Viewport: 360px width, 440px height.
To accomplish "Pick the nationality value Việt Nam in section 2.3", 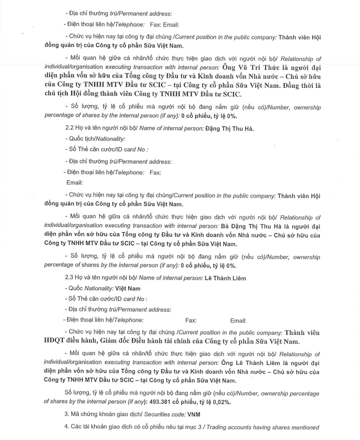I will [x=128, y=288].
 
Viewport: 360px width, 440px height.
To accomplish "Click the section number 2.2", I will [x=69, y=129].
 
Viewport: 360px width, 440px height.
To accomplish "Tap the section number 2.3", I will [x=69, y=278].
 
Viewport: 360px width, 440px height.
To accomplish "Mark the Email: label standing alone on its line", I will [x=74, y=183].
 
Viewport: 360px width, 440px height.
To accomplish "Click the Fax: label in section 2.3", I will [x=191, y=320].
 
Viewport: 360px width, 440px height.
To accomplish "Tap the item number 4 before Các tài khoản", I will [x=66, y=426].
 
